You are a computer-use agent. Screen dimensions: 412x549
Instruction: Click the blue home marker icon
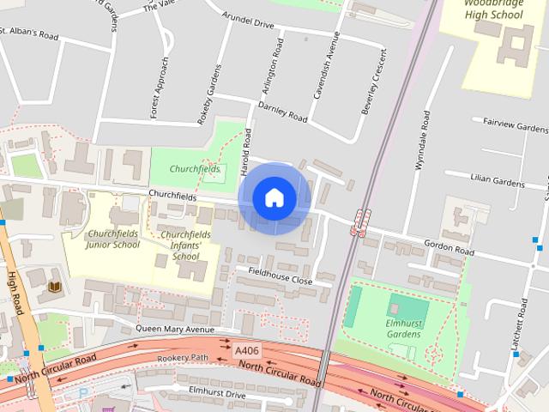[274, 197]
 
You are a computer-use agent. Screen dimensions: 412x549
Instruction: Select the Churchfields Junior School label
[113, 239]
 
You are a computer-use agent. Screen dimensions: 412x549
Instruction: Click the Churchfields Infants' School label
[185, 245]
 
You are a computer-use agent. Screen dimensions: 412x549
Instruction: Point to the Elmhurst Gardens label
[402, 329]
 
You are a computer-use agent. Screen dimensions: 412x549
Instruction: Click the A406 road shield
[245, 349]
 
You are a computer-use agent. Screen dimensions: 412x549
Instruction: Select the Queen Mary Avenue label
[174, 328]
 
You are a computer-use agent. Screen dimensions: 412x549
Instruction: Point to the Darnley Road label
[282, 112]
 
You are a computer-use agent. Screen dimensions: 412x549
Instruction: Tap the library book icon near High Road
[55, 286]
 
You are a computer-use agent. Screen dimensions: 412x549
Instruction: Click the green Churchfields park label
[195, 169]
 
